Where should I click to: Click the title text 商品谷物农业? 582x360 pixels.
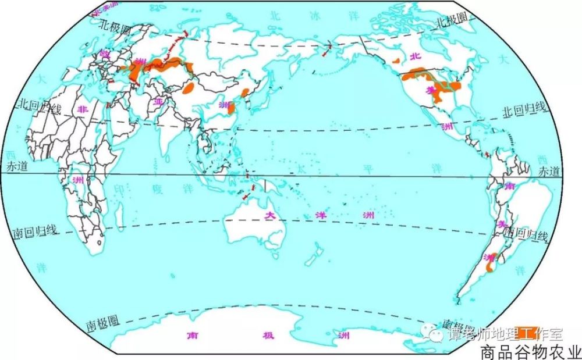point(530,352)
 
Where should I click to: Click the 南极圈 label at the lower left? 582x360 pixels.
point(102,322)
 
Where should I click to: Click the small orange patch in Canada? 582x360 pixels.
point(398,59)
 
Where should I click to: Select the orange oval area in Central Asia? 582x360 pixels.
point(189,90)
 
